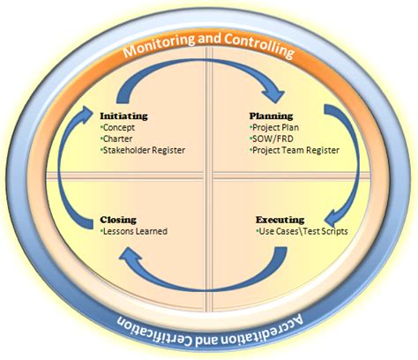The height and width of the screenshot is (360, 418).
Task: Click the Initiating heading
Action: click(123, 116)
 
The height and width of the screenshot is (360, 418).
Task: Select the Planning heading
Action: click(271, 116)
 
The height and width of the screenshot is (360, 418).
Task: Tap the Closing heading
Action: click(118, 219)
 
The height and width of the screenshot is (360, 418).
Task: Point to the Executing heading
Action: click(280, 219)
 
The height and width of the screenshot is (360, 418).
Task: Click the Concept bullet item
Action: click(121, 127)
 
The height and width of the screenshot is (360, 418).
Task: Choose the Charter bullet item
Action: click(121, 139)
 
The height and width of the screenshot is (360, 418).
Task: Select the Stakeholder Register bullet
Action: click(143, 150)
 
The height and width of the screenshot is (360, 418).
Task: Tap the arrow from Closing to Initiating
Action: click(66, 168)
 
